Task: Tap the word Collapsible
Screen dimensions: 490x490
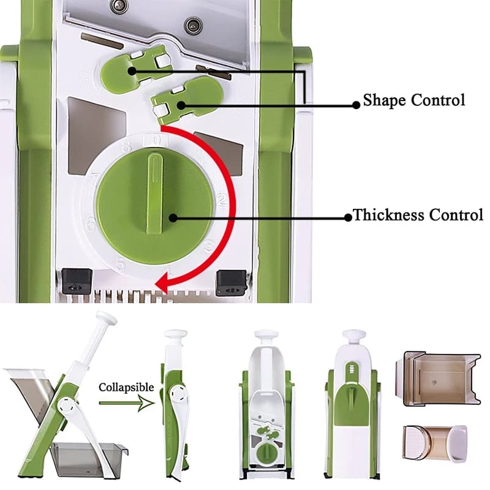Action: coord(126,388)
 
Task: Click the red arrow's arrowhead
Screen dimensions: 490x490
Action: coord(163,281)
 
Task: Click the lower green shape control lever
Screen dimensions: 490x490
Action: coord(187,100)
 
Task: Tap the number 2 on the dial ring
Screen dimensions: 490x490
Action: coord(221,200)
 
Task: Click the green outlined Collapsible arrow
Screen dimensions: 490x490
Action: coord(127,403)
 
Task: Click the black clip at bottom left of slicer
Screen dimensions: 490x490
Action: coord(77,281)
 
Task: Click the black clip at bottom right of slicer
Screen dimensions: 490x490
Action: coord(232,282)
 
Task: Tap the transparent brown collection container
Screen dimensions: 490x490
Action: coord(437,379)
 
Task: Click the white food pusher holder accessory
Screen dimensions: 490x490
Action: coord(435,442)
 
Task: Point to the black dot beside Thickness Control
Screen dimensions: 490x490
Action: coord(348,217)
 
